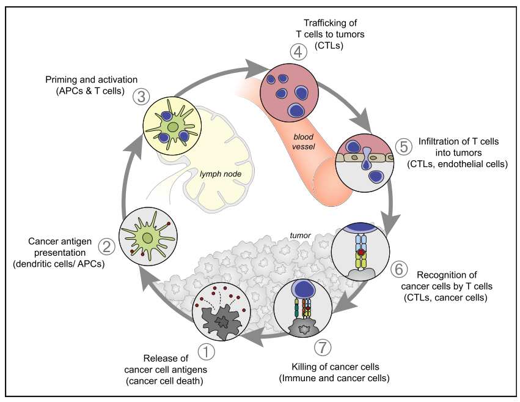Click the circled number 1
[x=206, y=352]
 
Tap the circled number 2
[x=107, y=247]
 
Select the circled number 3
[x=139, y=96]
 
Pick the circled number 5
[x=401, y=146]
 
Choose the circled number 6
[x=398, y=269]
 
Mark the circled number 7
[x=323, y=347]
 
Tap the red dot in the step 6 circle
[x=361, y=252]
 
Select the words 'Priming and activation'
[x=91, y=80]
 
